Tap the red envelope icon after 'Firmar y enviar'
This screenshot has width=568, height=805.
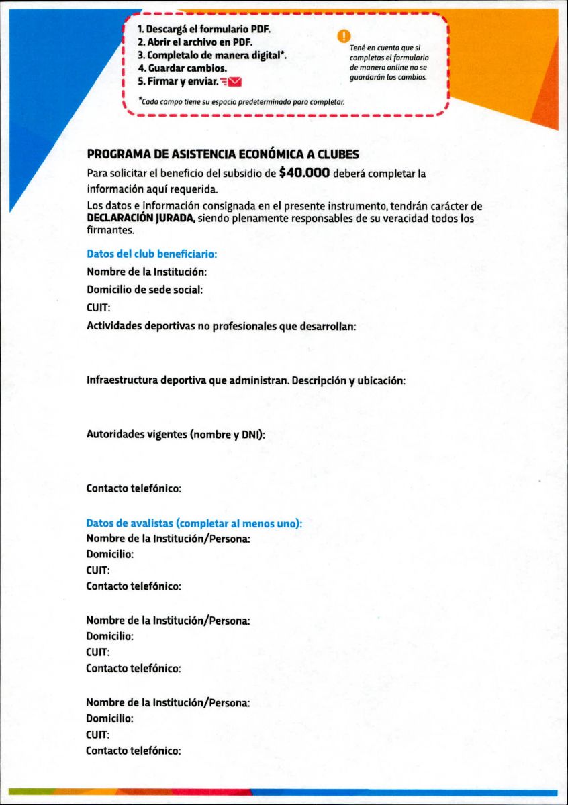(x=234, y=82)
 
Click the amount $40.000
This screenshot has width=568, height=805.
(x=304, y=173)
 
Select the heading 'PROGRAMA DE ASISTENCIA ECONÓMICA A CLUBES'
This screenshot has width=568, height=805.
(x=223, y=154)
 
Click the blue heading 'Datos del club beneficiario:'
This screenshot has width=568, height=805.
(x=152, y=254)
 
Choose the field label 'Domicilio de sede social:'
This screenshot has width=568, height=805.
(x=144, y=290)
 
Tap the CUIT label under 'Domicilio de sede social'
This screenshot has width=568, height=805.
(x=98, y=308)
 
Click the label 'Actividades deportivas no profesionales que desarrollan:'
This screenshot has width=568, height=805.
(x=221, y=326)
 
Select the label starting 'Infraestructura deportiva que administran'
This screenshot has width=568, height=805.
(x=246, y=380)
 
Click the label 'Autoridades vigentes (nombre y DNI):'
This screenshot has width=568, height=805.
(x=176, y=434)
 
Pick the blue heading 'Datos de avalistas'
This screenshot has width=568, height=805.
(x=194, y=523)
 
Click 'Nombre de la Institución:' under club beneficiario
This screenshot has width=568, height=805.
(x=146, y=272)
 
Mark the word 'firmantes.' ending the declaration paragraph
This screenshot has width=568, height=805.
(x=111, y=230)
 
